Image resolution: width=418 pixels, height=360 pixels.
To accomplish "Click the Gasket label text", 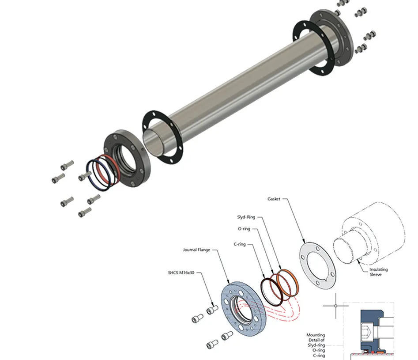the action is click(x=274, y=199).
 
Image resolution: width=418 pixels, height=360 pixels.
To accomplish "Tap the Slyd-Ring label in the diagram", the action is click(x=246, y=217).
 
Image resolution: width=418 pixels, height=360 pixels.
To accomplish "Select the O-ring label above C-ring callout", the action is click(x=244, y=229).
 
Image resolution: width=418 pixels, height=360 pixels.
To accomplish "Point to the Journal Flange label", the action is click(x=196, y=250).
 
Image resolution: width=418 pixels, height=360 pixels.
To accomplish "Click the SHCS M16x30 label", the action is click(x=181, y=273).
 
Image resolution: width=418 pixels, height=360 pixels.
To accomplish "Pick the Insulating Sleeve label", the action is click(x=378, y=272).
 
